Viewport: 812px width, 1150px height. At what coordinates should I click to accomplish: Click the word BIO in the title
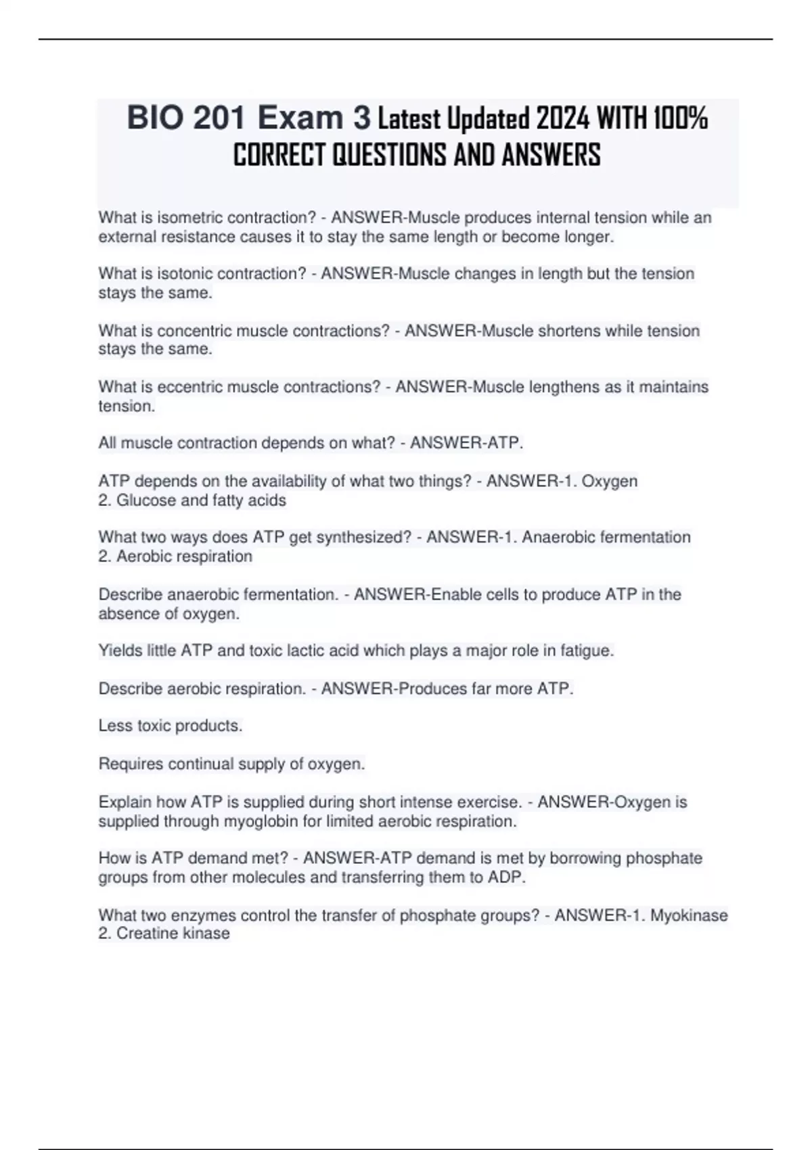[155, 118]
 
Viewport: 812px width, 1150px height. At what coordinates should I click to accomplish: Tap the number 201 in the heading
[219, 118]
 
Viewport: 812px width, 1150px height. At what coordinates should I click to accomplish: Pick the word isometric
[189, 218]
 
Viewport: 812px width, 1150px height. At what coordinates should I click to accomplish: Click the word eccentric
[189, 387]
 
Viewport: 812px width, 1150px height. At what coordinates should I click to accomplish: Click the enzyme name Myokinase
[689, 916]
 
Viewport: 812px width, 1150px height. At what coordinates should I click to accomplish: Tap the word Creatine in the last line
[145, 934]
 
